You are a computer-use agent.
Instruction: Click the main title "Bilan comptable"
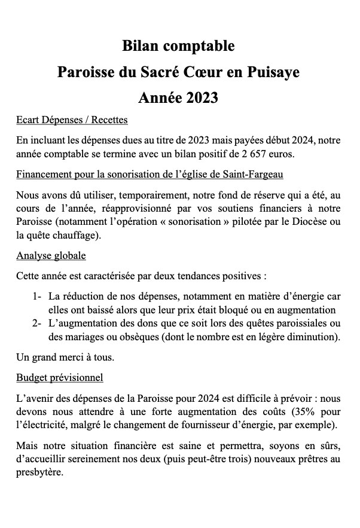179,45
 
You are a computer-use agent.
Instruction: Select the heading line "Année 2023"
179,96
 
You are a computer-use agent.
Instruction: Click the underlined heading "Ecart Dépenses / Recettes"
72,120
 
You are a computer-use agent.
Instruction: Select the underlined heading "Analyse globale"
51,256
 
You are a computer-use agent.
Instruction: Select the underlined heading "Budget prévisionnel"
60,377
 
